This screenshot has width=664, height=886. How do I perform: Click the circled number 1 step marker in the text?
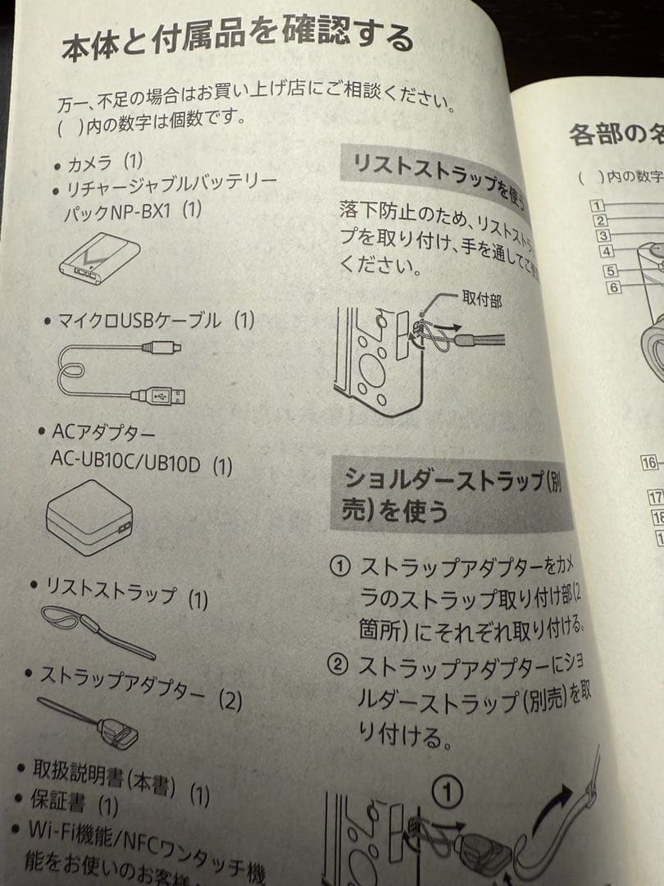(340, 567)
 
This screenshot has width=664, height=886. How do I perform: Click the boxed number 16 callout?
(649, 463)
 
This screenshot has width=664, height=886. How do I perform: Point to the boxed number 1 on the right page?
(598, 205)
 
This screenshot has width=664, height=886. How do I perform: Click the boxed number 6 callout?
(614, 287)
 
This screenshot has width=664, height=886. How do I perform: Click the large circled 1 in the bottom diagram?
(448, 792)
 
